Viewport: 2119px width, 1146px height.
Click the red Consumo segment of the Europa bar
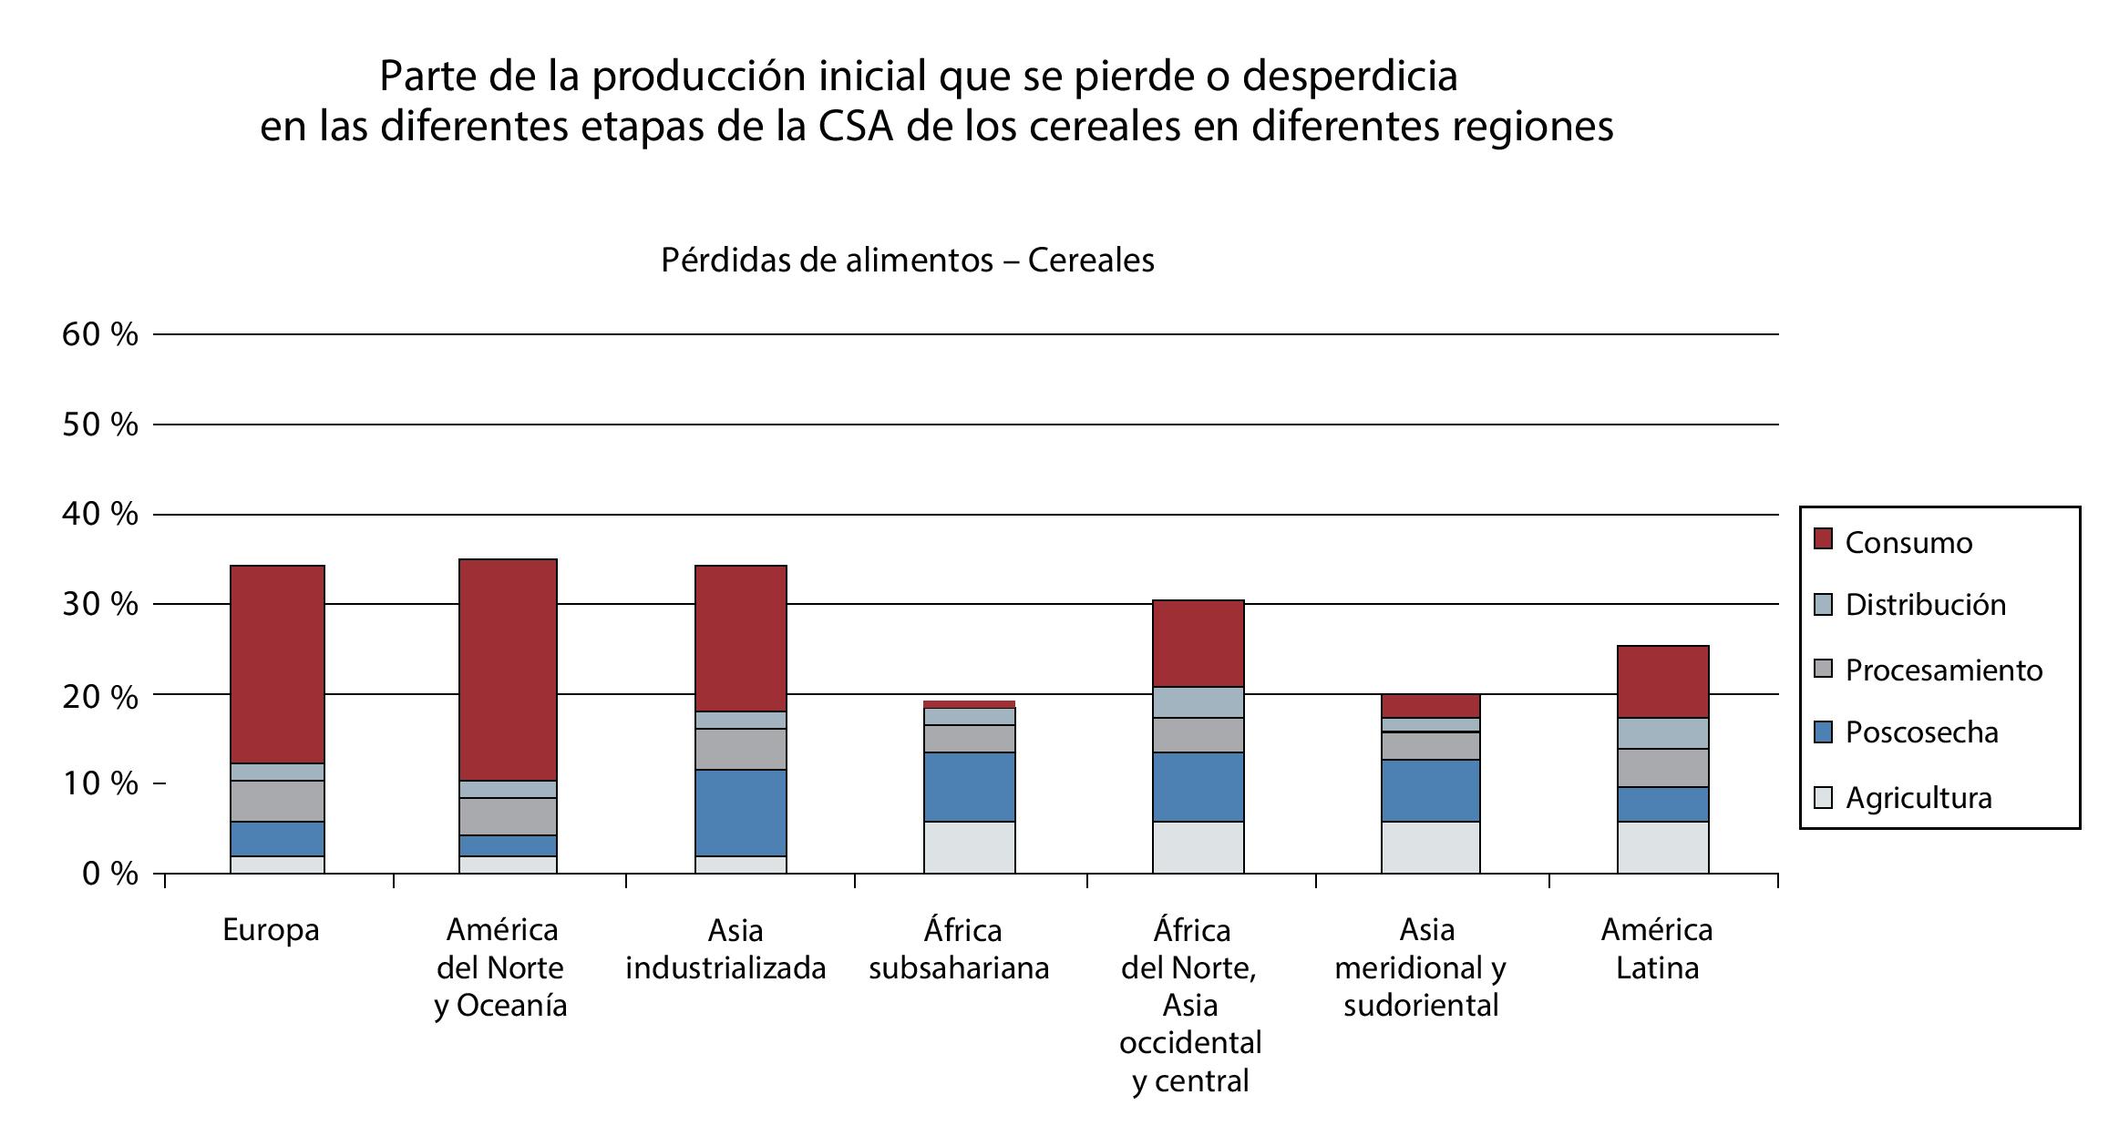click(x=277, y=664)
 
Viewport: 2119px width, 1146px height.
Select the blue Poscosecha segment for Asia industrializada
click(x=740, y=813)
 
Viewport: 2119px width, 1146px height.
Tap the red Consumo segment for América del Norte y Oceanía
click(x=509, y=670)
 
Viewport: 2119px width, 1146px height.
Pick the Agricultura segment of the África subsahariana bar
click(x=969, y=847)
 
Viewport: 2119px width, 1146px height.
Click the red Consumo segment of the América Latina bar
click(x=1662, y=681)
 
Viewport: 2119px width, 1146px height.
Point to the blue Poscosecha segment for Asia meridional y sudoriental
click(x=1430, y=791)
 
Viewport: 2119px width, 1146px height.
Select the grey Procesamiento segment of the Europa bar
click(x=277, y=801)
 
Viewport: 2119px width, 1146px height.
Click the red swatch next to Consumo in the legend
click(x=1823, y=539)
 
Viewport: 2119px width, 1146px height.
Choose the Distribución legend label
click(x=1925, y=605)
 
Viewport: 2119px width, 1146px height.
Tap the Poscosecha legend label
click(x=1921, y=732)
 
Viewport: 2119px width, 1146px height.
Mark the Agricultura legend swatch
click(x=1823, y=798)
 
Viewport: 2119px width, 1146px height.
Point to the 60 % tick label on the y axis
click(x=100, y=334)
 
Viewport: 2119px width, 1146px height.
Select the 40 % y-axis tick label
click(x=100, y=515)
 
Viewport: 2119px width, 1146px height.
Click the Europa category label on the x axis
click(x=271, y=930)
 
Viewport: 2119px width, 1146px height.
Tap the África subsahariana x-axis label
click(x=960, y=948)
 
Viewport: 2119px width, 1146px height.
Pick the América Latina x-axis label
click(x=1657, y=948)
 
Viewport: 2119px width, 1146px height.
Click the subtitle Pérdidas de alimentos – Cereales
click(x=908, y=261)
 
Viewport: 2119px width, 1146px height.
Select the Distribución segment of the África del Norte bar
click(x=1198, y=702)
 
